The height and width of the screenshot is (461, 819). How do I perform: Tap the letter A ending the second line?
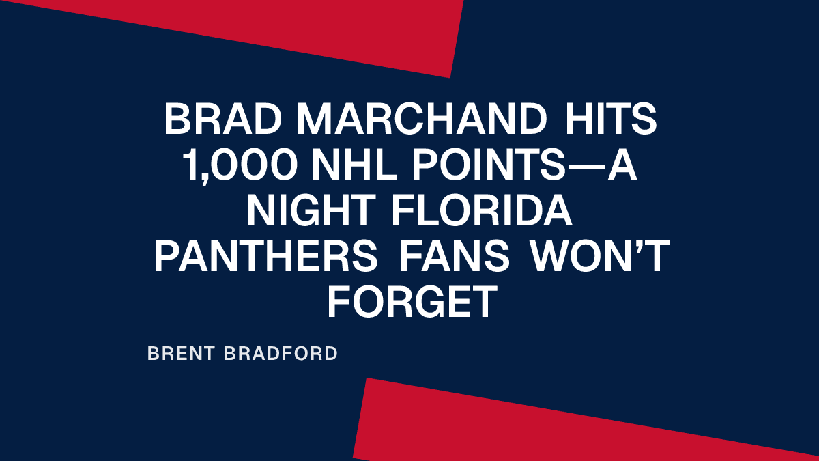[622, 167]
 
